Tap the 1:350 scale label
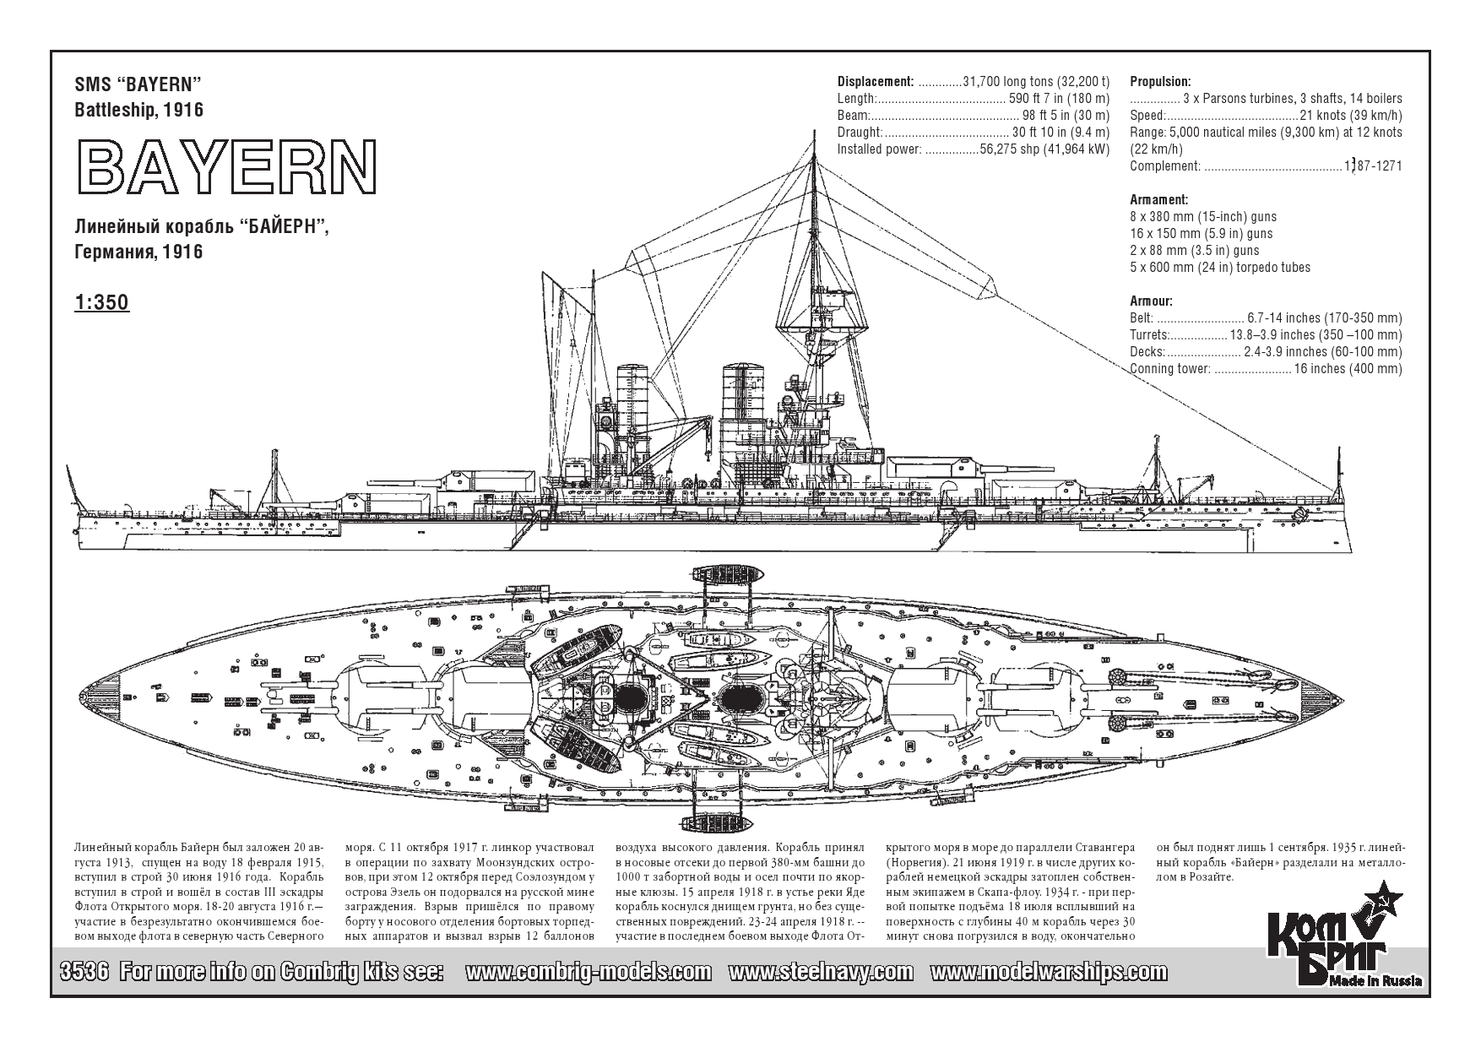coord(101,302)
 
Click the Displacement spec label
coord(876,82)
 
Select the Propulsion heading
coord(1160,82)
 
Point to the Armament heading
coord(1159,200)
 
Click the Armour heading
coord(1152,301)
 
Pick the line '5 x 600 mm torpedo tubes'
coord(1220,268)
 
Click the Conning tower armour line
coord(1266,369)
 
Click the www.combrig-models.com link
coord(588,972)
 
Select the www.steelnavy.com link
coord(820,972)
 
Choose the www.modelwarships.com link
coord(1049,972)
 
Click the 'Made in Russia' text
coord(1375,980)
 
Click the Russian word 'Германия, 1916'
coord(138,252)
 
